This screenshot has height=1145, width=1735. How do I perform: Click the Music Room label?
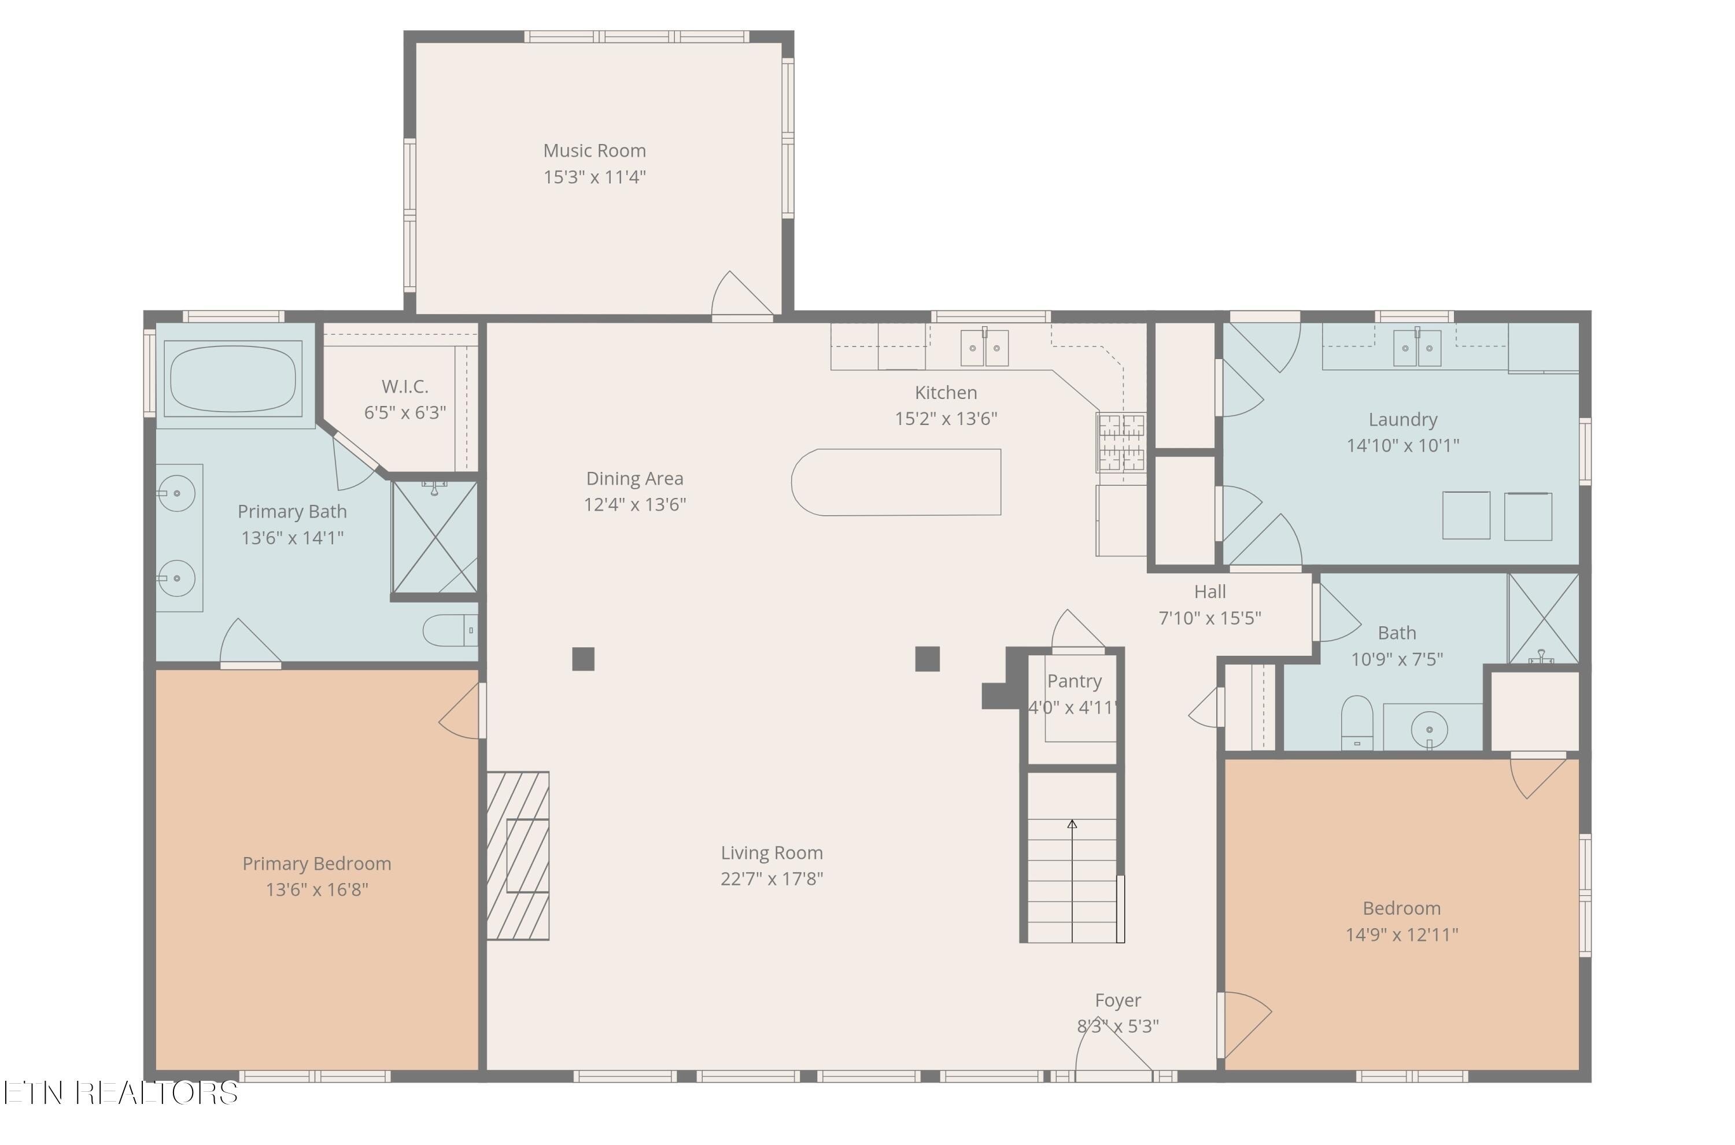(595, 150)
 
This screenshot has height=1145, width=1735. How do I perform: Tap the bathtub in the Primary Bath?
(233, 378)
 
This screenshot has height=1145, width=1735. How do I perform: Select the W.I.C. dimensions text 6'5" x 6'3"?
(405, 412)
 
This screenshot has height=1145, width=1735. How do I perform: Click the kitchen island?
(896, 482)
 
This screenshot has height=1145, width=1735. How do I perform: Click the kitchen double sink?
(984, 348)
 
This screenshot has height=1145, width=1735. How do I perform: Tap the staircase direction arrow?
(1072, 881)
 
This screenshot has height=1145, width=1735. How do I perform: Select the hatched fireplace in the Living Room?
(518, 855)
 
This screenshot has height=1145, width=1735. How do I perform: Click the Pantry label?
(1074, 681)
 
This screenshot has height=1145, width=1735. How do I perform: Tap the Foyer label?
(1118, 1000)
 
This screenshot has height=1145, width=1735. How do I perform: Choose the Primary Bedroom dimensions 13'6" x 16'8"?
(317, 889)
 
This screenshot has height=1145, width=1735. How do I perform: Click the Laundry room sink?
(1417, 348)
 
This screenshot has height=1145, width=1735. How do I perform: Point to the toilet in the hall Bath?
(1357, 722)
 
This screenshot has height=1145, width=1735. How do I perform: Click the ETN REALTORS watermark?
(120, 1092)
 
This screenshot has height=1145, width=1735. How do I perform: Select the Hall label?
(1210, 592)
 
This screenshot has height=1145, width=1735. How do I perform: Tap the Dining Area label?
(634, 478)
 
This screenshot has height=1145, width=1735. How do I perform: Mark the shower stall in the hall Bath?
(1543, 619)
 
